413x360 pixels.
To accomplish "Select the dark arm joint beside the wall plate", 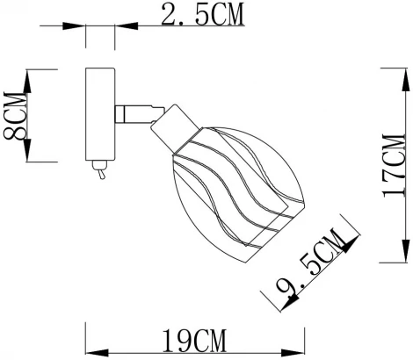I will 133,112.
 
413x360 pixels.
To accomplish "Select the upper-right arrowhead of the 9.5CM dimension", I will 354,234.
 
